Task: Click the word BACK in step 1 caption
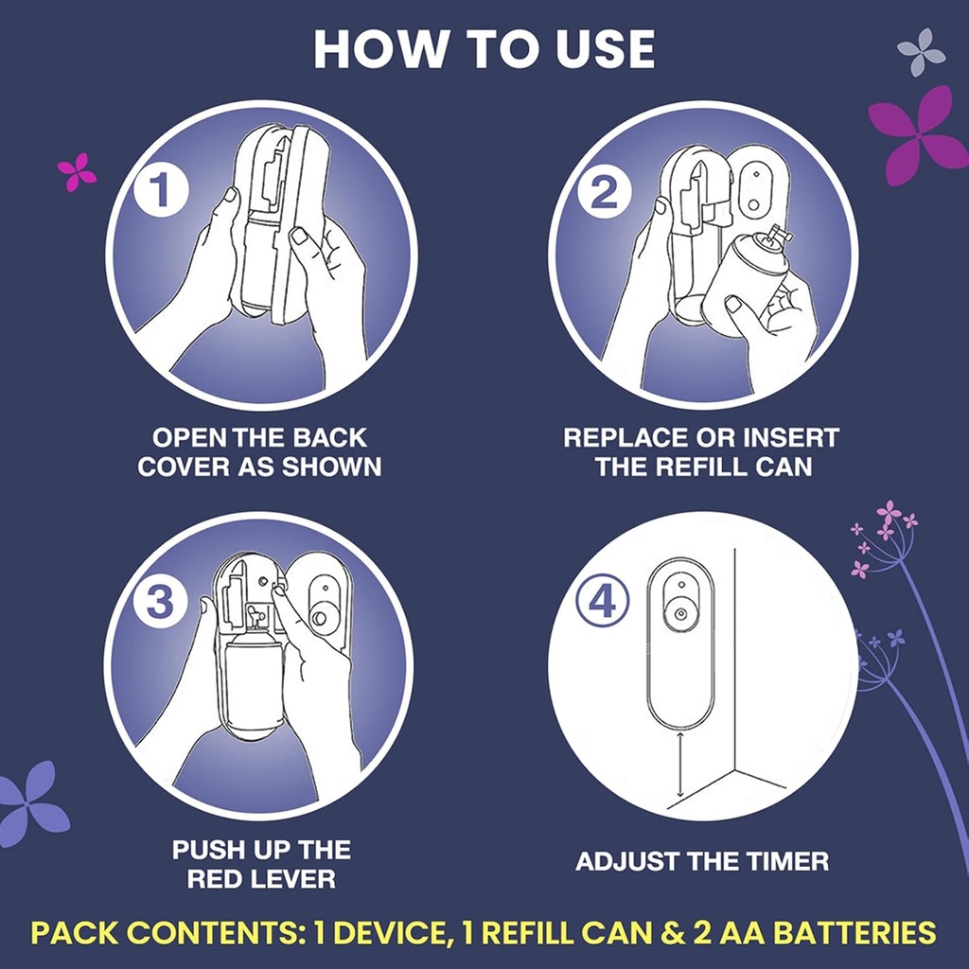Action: [331, 439]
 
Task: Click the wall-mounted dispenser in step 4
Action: [679, 643]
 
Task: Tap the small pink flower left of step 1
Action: [77, 171]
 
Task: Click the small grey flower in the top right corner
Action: [921, 52]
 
